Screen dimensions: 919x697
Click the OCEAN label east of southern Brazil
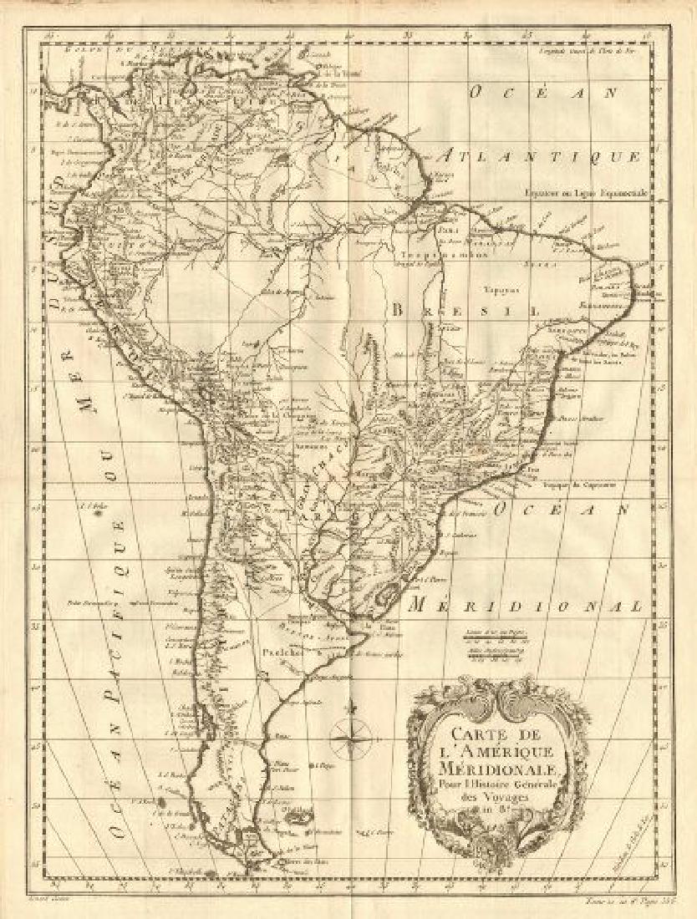(569, 509)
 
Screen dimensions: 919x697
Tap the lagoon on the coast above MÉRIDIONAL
(386, 595)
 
